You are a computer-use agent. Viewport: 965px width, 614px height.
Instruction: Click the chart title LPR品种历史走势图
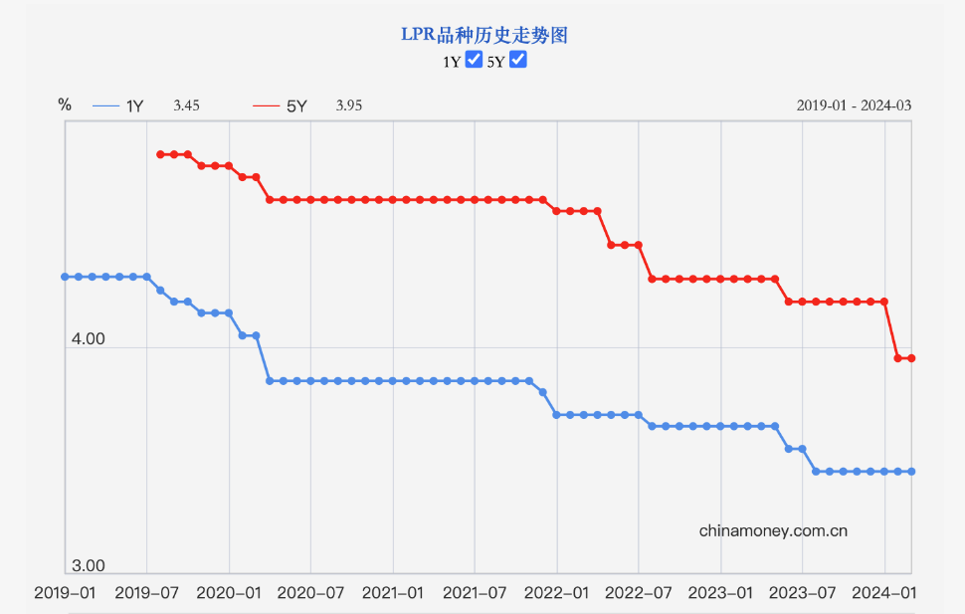[x=483, y=35]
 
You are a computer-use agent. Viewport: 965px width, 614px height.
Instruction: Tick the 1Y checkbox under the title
[x=474, y=60]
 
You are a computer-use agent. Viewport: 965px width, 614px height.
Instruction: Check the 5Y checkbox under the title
[x=517, y=60]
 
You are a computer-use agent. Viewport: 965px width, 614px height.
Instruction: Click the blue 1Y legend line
[x=105, y=105]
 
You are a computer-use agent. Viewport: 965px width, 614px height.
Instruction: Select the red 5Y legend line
[x=267, y=105]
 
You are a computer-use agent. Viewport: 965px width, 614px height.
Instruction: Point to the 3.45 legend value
[x=186, y=105]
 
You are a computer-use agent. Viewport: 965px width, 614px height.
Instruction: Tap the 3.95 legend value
[x=348, y=105]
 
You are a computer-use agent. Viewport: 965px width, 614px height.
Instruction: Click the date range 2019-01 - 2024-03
[x=854, y=105]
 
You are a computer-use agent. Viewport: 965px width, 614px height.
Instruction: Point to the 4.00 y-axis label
[x=88, y=339]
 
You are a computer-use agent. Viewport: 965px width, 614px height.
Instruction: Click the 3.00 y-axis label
[x=88, y=565]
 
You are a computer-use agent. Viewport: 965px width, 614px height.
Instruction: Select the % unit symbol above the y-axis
[x=65, y=104]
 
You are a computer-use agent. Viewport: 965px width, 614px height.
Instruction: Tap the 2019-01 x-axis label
[x=65, y=593]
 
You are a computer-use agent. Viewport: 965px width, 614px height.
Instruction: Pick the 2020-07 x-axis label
[x=311, y=593]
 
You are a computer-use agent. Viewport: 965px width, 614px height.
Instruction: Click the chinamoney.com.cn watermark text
[x=773, y=530]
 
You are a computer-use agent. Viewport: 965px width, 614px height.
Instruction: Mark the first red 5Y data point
[x=160, y=154]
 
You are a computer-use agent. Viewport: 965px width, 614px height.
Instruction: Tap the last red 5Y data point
[x=911, y=358]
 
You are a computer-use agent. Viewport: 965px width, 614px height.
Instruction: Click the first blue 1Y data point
[x=65, y=277]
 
